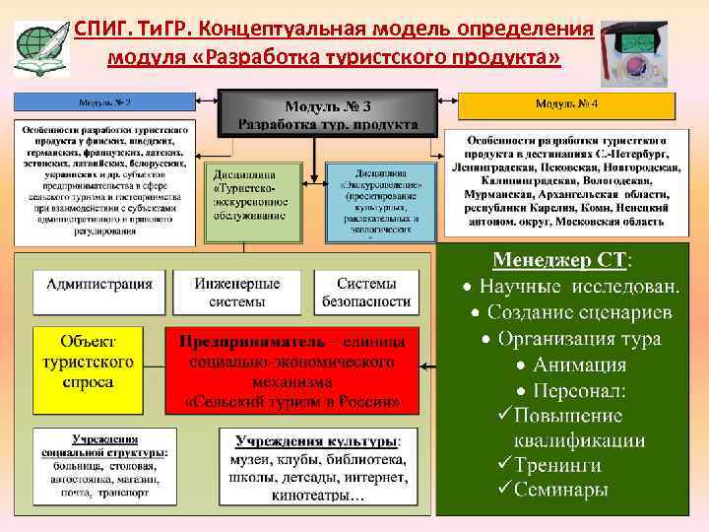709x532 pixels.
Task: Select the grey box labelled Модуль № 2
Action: click(x=105, y=102)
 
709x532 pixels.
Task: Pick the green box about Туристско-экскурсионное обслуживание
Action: click(x=251, y=201)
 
